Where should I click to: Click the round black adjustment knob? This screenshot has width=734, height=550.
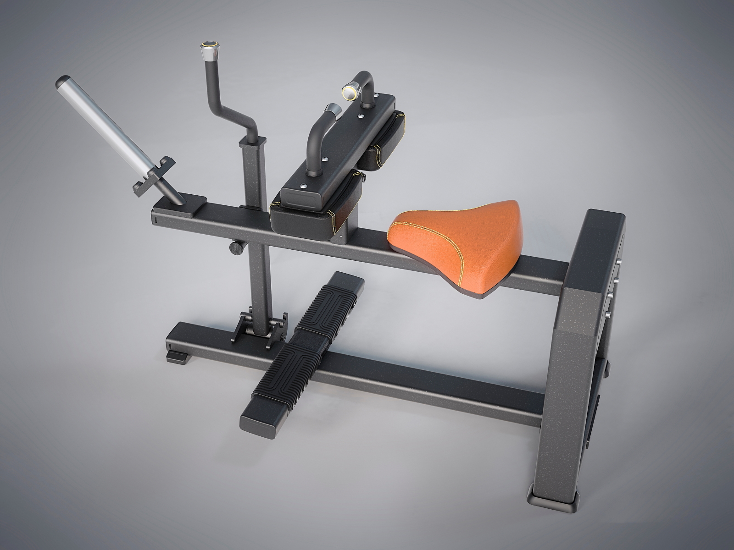coord(236,247)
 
